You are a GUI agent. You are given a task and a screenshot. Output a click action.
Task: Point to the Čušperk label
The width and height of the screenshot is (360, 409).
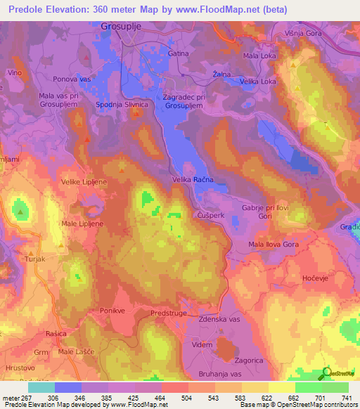[211, 214]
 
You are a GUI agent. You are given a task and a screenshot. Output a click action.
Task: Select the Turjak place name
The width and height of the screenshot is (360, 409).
[34, 259]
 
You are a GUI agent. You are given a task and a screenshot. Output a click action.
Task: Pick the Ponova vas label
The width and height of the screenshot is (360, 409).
[72, 79]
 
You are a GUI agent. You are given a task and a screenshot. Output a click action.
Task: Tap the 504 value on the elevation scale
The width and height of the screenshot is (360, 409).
[176, 398]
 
